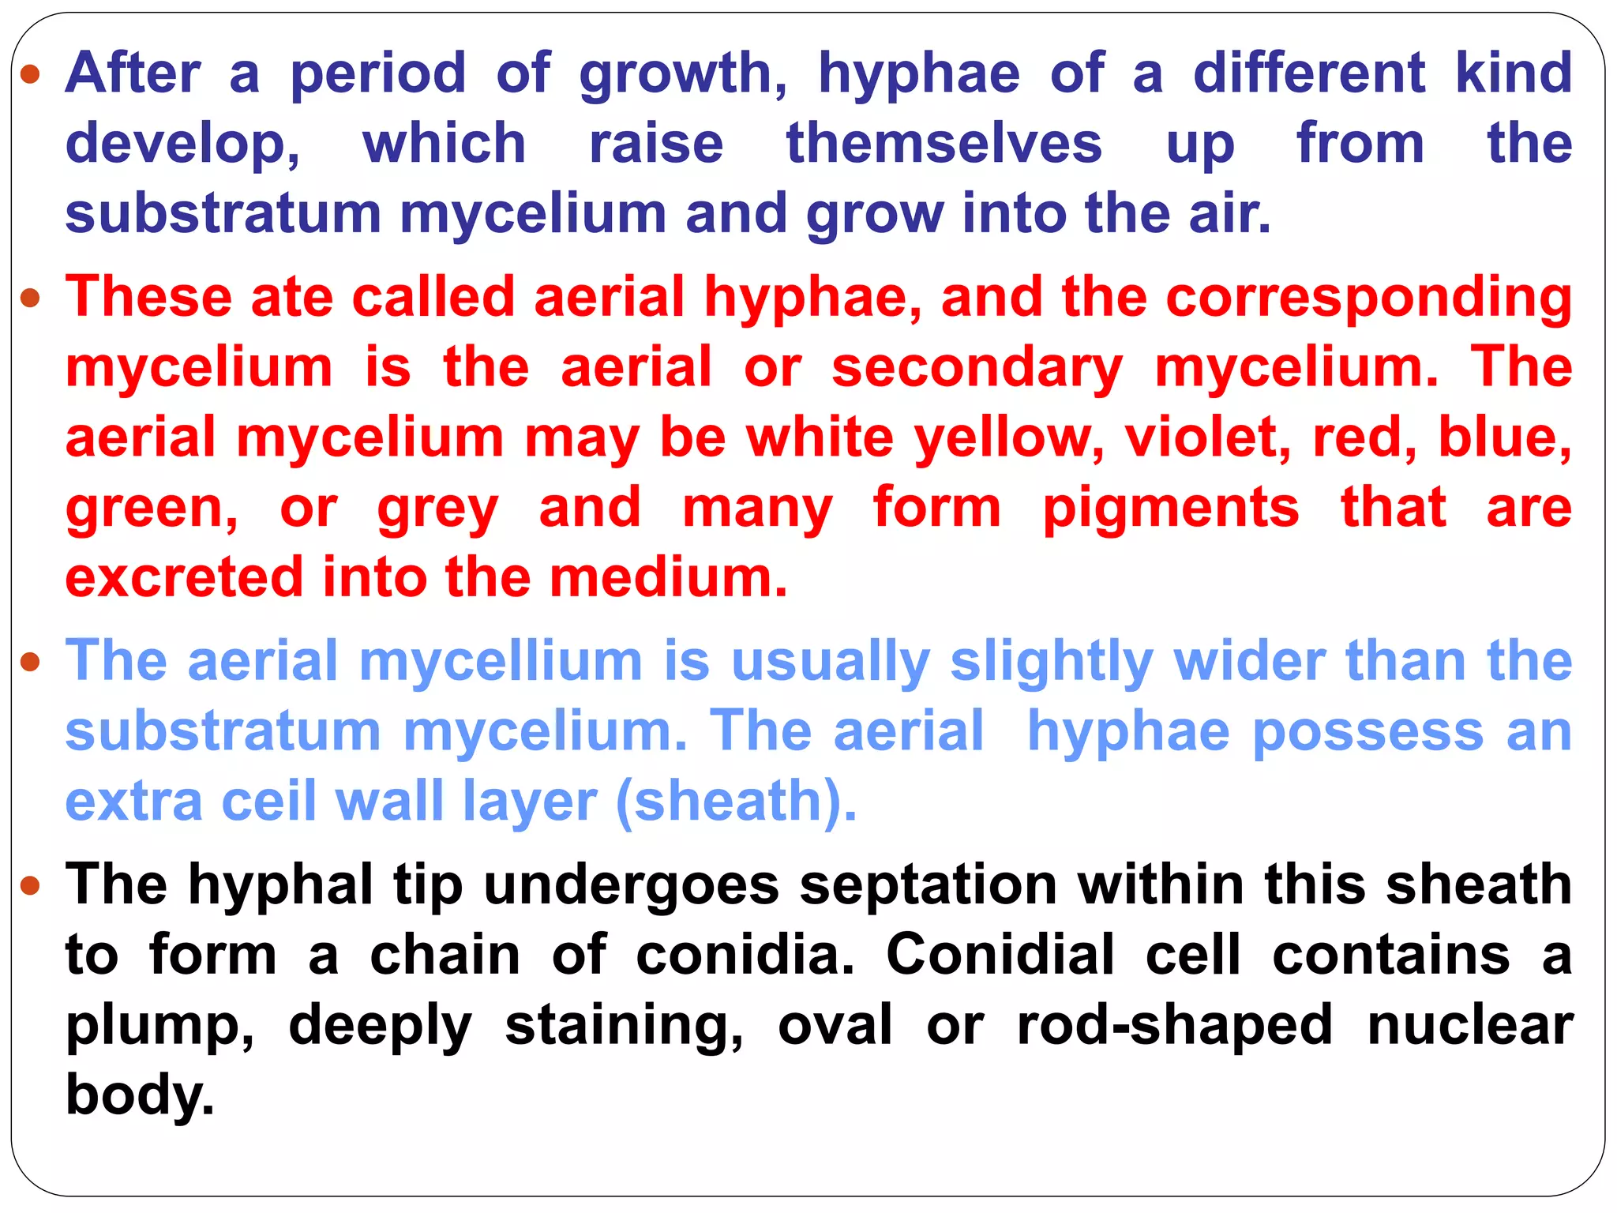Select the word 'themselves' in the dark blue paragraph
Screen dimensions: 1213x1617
click(x=944, y=144)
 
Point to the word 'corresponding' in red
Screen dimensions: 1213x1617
click(x=1368, y=298)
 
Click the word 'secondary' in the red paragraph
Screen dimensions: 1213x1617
click(x=977, y=368)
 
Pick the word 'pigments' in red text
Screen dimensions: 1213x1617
click(x=1171, y=508)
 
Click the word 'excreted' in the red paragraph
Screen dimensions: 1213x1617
click(x=184, y=577)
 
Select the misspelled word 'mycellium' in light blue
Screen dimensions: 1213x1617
click(x=501, y=661)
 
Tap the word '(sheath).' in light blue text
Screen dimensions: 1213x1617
click(x=736, y=802)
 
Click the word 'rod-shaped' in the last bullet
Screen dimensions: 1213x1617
click(x=1175, y=1025)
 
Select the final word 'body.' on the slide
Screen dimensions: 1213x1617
click(x=140, y=1095)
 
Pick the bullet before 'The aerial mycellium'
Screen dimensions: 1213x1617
click(x=30, y=661)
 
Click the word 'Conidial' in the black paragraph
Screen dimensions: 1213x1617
click(x=1000, y=955)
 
